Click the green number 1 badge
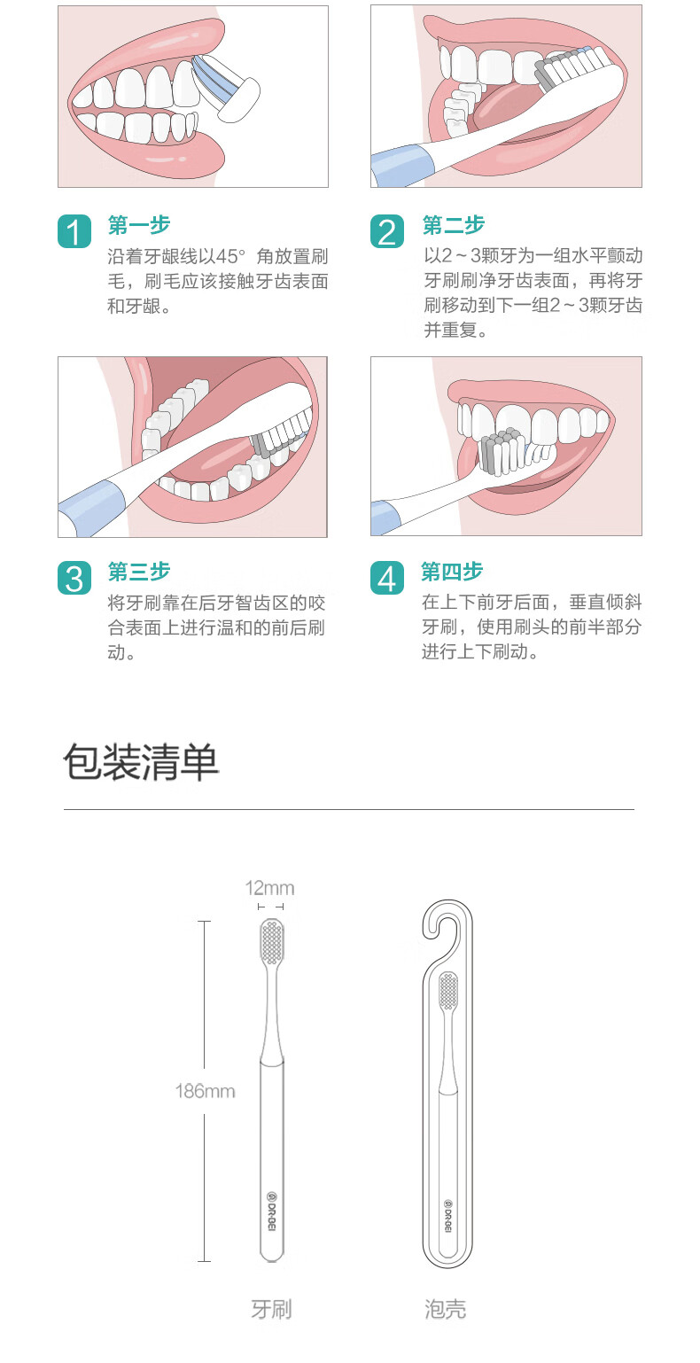point(74,231)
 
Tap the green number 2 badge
point(387,231)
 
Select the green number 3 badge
point(74,578)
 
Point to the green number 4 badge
point(387,578)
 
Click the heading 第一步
point(138,224)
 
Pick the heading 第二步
point(453,224)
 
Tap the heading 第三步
point(138,571)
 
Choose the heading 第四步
point(452,571)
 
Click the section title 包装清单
point(141,761)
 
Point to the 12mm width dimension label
point(270,888)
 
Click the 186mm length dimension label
point(205,1091)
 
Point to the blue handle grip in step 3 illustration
point(91,506)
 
